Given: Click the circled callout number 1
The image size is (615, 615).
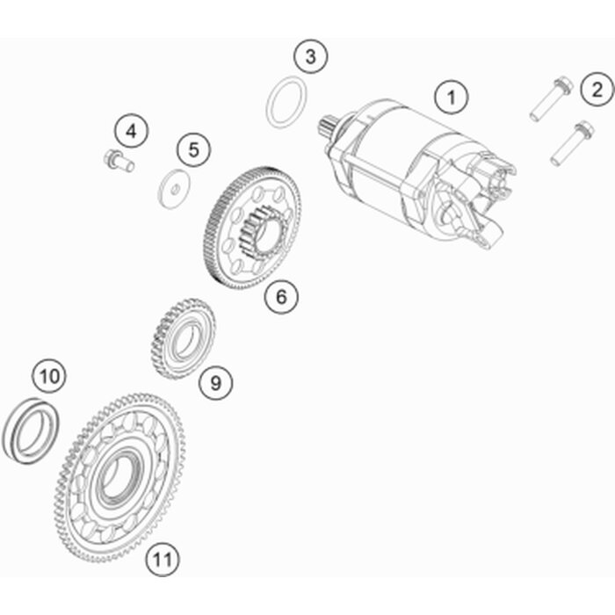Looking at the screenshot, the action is pos(452,97).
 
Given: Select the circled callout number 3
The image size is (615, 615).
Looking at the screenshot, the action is pos(311,56).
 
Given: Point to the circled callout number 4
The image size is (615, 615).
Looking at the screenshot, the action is pos(132,131).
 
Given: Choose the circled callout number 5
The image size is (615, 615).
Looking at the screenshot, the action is pos(194,149).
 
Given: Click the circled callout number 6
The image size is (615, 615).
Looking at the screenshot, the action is pos(281,296).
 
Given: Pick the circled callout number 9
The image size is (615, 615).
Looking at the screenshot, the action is pos(216,382).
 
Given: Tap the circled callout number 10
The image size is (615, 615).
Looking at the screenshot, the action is pos(49,376).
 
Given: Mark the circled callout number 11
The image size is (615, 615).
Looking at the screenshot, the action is pos(163,559).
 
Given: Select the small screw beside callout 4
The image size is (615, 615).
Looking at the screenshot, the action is pos(119,161).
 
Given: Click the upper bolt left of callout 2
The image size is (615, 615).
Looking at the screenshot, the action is pos(552,98).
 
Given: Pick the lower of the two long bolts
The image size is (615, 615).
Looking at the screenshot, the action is pos(572,142).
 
